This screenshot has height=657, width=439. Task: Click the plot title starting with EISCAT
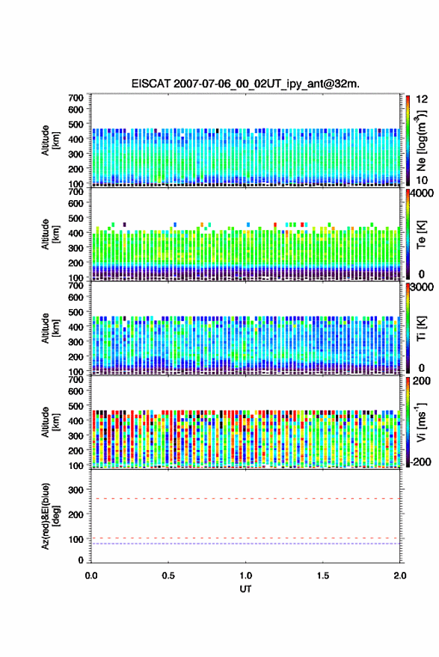pos(245,84)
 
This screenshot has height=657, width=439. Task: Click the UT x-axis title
pos(245,589)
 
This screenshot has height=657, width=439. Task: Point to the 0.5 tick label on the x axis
pos(168,576)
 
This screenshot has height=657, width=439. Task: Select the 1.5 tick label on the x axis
pos(323,576)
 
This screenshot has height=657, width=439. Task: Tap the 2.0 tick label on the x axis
pos(400,576)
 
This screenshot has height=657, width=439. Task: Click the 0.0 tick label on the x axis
pos(91,576)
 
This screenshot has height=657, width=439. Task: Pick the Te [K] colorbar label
pos(421,234)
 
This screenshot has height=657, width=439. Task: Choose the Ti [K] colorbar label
pos(421,329)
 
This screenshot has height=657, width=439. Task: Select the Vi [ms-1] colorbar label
pos(421,423)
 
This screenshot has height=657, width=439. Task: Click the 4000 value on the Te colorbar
pos(420,193)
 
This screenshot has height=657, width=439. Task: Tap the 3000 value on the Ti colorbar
pos(421,287)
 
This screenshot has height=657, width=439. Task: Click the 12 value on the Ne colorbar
pos(422,99)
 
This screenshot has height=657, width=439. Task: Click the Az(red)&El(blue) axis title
pos(50,516)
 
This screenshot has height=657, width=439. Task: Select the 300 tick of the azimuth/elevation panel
pos(76,490)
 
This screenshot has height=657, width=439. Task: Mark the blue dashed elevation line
pos(245,544)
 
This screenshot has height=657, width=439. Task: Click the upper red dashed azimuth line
pos(245,499)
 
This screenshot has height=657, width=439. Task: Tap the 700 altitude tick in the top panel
pos(76,98)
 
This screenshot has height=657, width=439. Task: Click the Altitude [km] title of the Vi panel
pos(50,423)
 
